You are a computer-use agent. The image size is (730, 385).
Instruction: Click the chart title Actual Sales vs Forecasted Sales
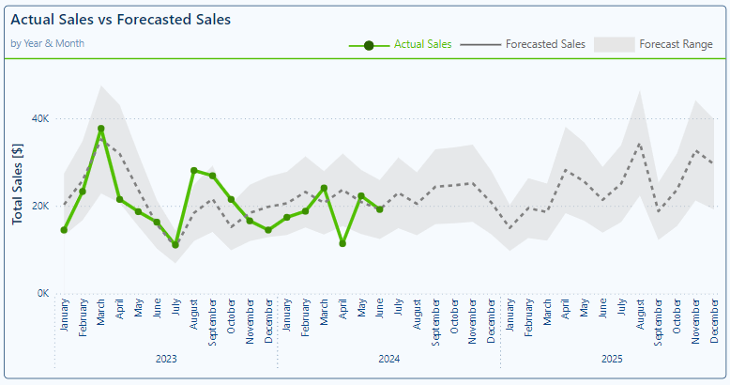tap(120, 19)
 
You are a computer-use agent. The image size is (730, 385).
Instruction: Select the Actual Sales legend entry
tap(422, 44)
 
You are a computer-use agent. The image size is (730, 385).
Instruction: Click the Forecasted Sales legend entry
tap(544, 44)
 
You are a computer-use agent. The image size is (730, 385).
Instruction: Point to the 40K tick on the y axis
tap(39, 118)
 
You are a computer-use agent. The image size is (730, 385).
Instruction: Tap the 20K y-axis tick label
tap(39, 206)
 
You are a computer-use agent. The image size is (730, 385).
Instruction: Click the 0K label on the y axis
tap(42, 293)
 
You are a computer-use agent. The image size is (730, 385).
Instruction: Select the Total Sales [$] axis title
tap(17, 184)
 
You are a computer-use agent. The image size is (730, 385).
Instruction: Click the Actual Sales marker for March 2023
tap(101, 129)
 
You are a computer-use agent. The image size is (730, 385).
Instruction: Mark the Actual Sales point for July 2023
tap(175, 245)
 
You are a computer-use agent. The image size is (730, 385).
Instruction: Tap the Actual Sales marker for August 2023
tap(194, 171)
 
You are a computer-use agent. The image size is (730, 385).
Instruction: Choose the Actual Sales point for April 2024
tap(342, 243)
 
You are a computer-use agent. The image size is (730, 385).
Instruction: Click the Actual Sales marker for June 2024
tap(379, 209)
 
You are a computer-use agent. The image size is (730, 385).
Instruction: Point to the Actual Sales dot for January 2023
tap(64, 230)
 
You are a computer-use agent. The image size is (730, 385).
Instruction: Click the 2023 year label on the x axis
tap(166, 359)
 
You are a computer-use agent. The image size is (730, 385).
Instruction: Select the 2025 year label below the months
tap(612, 359)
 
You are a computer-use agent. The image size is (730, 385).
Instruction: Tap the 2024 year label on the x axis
tap(388, 359)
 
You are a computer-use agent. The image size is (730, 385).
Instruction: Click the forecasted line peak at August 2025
tap(640, 144)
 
